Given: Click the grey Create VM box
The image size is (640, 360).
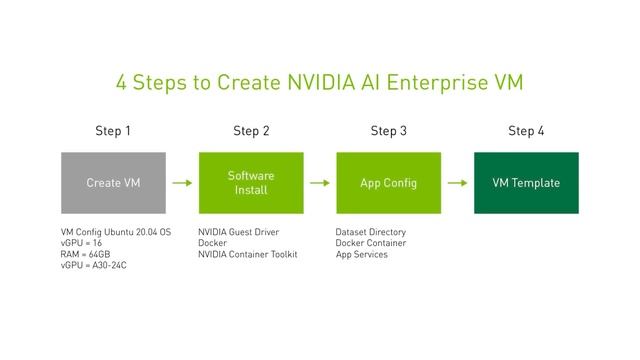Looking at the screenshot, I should point(113,183).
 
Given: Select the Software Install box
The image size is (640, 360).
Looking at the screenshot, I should point(251,183).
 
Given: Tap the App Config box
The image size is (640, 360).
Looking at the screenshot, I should point(389,183).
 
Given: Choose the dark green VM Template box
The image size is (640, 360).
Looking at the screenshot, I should point(526,183).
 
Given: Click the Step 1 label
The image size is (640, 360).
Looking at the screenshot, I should point(113,131).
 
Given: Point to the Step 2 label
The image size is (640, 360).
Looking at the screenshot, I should point(251,131).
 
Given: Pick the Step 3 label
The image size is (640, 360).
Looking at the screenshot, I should point(389,131).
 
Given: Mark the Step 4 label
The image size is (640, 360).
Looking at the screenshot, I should point(526,131).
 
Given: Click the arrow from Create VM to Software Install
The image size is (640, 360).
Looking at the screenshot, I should point(182,183).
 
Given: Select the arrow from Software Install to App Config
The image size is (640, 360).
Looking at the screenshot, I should point(320,183).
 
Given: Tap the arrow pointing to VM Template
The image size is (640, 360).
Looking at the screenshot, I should point(457,183).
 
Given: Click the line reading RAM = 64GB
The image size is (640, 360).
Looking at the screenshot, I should point(86,254).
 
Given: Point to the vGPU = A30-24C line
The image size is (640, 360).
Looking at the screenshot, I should point(94,266).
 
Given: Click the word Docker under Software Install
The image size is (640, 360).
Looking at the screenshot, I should point(212,243).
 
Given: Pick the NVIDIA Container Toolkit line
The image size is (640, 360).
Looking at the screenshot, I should point(247,254).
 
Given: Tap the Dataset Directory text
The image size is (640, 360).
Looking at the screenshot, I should point(371,232).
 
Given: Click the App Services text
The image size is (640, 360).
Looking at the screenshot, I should point(362,254).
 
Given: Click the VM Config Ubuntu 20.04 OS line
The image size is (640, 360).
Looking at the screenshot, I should point(116,232).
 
